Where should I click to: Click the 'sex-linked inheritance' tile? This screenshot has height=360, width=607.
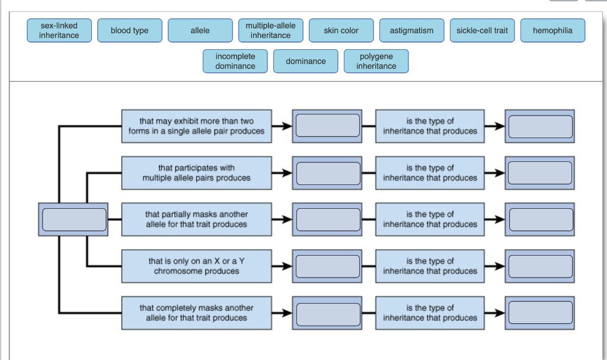pyautogui.click(x=59, y=30)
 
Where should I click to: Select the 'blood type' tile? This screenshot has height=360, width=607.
pyautogui.click(x=130, y=30)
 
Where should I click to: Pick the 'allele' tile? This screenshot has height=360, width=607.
pyautogui.click(x=200, y=30)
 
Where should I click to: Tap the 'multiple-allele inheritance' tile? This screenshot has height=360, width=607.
pyautogui.click(x=270, y=30)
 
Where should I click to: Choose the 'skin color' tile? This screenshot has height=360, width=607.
pyautogui.click(x=341, y=30)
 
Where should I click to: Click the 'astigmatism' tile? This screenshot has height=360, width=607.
pyautogui.click(x=411, y=30)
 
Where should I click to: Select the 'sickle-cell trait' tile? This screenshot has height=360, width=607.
pyautogui.click(x=482, y=30)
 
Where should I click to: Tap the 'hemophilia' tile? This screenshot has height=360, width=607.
pyautogui.click(x=552, y=30)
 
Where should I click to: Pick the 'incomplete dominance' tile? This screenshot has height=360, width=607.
pyautogui.click(x=235, y=61)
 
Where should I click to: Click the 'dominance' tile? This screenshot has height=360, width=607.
pyautogui.click(x=305, y=61)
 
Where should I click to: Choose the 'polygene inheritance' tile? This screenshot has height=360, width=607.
pyautogui.click(x=376, y=61)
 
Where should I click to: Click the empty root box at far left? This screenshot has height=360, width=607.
pyautogui.click(x=73, y=219)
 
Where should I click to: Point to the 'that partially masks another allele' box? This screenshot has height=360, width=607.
pyautogui.click(x=197, y=219)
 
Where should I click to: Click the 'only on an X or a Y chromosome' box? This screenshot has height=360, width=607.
pyautogui.click(x=197, y=266)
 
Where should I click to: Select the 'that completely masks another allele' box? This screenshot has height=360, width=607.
pyautogui.click(x=197, y=313)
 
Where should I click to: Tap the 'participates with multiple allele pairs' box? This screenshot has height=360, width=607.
pyautogui.click(x=197, y=173)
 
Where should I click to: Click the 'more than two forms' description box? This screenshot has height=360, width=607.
pyautogui.click(x=197, y=126)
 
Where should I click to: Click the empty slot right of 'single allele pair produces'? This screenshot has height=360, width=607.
pyautogui.click(x=327, y=126)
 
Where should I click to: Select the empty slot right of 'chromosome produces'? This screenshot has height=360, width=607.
pyautogui.click(x=327, y=266)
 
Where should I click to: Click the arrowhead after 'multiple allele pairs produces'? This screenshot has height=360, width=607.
pyautogui.click(x=287, y=173)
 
